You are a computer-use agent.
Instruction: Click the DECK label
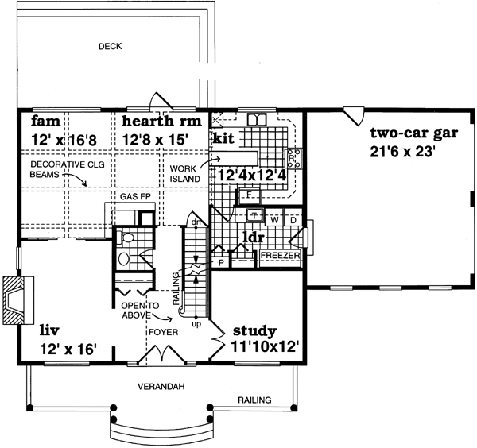(x=110, y=46)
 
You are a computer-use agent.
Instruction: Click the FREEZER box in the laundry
(x=280, y=256)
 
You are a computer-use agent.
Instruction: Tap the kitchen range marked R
(x=293, y=156)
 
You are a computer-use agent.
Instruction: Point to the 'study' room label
(x=254, y=330)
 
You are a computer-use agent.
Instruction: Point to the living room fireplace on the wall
(x=15, y=301)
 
